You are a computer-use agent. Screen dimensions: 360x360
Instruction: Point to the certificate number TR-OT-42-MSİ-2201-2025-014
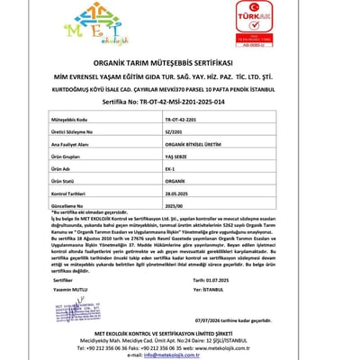click(180, 103)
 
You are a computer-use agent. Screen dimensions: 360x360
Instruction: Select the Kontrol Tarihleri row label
click(71, 193)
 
